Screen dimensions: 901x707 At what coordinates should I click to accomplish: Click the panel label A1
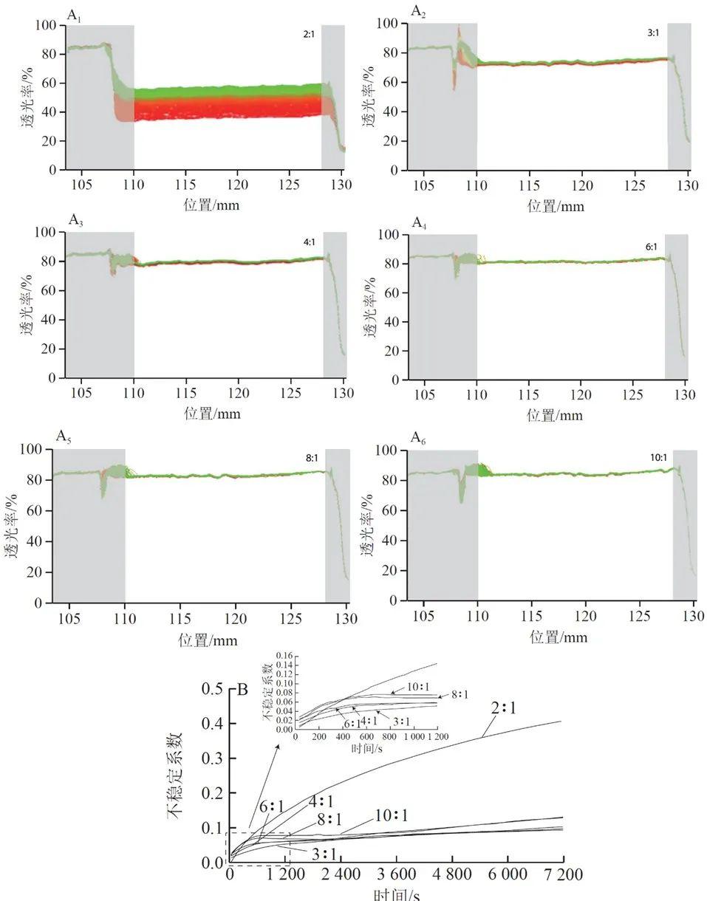[74, 16]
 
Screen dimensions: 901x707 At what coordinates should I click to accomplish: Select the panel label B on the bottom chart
[242, 690]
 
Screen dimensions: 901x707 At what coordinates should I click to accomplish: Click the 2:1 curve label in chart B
[503, 707]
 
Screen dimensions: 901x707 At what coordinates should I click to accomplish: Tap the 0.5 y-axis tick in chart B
[213, 690]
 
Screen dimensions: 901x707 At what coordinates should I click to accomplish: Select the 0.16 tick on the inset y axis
[283, 656]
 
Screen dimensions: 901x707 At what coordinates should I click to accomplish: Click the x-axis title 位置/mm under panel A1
[210, 205]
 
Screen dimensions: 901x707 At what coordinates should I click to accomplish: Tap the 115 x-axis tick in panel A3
[186, 394]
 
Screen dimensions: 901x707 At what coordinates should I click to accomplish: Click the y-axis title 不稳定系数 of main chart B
[174, 775]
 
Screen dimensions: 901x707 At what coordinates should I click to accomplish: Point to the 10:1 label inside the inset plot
[417, 686]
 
